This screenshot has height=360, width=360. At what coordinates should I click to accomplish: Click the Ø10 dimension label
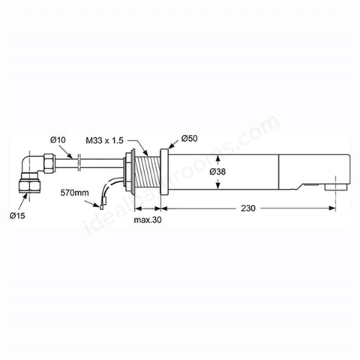click(58, 140)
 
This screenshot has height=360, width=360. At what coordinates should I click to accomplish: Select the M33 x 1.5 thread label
click(105, 141)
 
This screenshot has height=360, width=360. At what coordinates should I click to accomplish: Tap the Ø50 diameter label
click(190, 139)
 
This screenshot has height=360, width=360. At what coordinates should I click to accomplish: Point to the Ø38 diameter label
click(217, 172)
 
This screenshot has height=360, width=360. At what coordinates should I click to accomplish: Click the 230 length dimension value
click(248, 208)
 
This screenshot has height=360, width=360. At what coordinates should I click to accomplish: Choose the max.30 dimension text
click(148, 220)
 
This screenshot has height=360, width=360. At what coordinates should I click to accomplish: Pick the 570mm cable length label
click(74, 193)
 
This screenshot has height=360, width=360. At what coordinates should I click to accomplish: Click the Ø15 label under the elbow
click(17, 215)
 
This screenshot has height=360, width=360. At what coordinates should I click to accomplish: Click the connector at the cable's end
click(101, 207)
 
